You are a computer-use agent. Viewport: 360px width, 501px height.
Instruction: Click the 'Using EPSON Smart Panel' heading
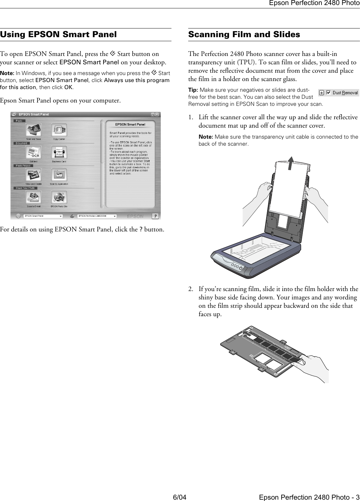(59, 34)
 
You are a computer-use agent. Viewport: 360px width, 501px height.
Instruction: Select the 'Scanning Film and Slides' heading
(244, 34)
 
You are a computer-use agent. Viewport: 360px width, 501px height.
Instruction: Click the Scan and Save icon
(33, 130)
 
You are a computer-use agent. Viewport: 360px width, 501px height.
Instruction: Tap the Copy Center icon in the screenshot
(59, 130)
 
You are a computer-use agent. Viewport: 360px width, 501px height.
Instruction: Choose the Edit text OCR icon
(33, 153)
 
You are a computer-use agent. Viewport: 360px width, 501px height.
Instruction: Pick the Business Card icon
(59, 153)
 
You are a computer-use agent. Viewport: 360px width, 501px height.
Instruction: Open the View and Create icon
(33, 175)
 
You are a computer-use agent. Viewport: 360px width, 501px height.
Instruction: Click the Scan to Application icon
(59, 175)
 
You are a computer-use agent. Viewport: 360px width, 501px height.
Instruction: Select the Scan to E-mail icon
(33, 198)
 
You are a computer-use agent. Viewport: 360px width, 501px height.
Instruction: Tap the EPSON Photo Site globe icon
(59, 198)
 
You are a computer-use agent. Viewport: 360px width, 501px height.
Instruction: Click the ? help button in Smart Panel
(155, 216)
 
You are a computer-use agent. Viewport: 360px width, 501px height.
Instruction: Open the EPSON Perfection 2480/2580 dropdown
(97, 216)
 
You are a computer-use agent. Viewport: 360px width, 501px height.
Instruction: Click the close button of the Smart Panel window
(157, 115)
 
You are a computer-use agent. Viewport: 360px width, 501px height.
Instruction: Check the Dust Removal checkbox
(328, 93)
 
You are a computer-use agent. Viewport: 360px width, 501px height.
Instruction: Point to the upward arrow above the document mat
(292, 163)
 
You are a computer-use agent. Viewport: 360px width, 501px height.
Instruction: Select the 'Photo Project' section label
(23, 165)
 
